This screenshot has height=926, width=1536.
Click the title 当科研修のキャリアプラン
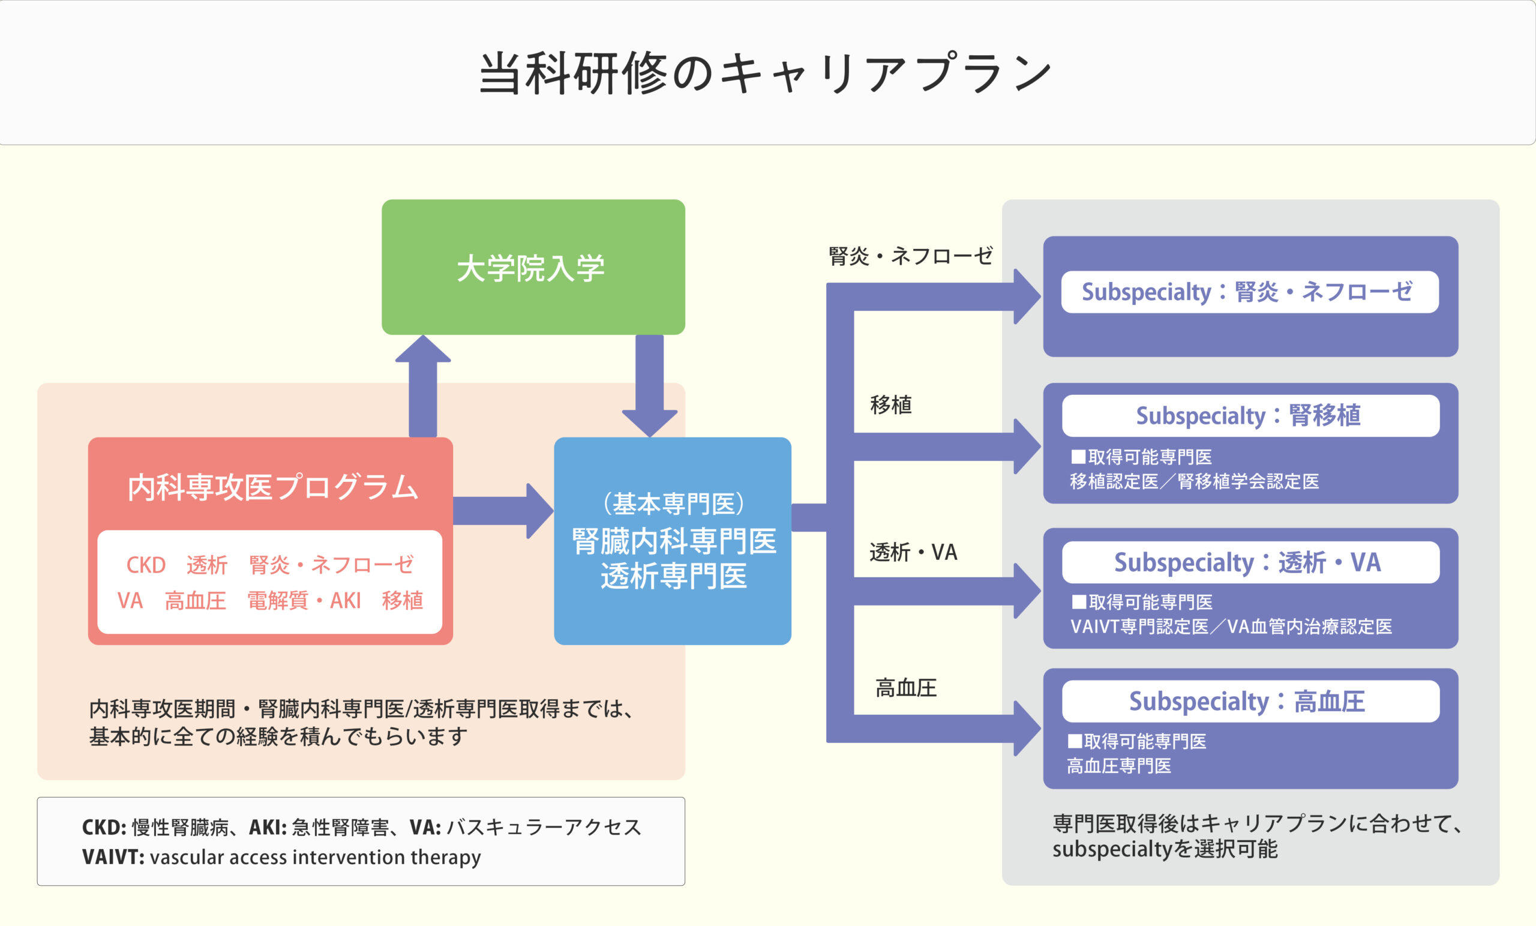point(766,73)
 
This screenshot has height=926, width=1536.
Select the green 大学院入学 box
point(533,267)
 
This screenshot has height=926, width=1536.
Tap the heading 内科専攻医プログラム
point(272,487)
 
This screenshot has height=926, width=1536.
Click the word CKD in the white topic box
point(146,565)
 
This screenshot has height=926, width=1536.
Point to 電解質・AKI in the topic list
point(304,601)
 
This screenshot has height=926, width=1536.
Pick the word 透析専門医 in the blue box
point(673,576)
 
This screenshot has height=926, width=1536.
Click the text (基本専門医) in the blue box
point(673,504)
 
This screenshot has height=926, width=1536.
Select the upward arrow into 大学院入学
point(422,386)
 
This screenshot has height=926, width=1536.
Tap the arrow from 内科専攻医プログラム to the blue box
point(503,511)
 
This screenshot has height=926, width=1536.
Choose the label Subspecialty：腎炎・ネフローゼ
point(1247,292)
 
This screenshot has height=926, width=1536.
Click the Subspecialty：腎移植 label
point(1248,415)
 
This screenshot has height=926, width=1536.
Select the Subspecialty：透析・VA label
point(1247,562)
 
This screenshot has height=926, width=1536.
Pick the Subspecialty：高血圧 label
point(1247,702)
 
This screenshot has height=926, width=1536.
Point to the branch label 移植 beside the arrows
point(891,404)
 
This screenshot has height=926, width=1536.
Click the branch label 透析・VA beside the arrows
point(913,552)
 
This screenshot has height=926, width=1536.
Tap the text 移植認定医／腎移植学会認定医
point(1195,481)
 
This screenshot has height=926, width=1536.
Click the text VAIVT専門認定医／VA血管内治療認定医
point(1231,626)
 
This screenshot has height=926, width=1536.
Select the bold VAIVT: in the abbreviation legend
point(113,857)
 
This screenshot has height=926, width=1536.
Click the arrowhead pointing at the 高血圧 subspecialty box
point(1027,729)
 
